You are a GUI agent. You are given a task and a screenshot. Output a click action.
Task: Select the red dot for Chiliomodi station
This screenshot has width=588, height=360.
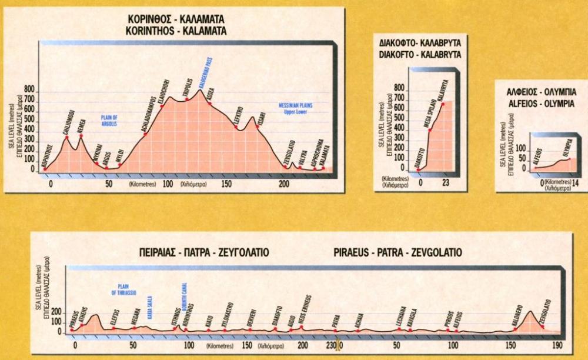67,138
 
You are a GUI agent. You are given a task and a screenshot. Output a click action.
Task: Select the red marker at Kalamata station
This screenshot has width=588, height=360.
323,169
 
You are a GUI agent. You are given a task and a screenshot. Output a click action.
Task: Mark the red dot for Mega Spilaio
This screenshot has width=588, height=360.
430,129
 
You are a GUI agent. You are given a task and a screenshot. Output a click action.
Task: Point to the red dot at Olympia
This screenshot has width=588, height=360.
569,159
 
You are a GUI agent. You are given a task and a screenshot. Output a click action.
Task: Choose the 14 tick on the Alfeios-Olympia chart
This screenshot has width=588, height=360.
576,184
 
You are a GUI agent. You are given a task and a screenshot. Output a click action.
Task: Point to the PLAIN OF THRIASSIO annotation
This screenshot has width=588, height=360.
123,289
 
